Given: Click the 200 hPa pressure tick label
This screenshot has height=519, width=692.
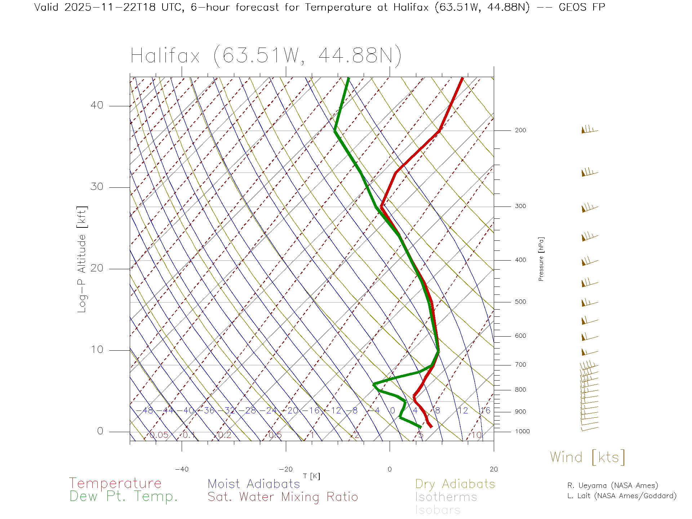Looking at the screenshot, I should (520, 130).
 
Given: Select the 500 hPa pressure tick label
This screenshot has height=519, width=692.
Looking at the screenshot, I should (520, 302).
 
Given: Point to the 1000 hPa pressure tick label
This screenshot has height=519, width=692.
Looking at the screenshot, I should (522, 431).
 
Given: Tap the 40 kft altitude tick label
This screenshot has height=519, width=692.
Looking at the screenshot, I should (97, 105).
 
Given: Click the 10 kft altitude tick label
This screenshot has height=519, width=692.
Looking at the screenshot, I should (97, 350).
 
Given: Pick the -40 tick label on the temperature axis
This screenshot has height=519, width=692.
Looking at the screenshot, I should (182, 469).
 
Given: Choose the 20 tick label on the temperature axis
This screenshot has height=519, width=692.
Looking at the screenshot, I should (493, 469).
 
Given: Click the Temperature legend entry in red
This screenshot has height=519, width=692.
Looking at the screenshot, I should (115, 483).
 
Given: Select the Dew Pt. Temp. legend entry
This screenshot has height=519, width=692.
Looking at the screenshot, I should (124, 497).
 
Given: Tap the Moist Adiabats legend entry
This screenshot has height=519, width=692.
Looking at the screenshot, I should (254, 484).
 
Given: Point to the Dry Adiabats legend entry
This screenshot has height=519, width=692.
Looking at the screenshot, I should (455, 484).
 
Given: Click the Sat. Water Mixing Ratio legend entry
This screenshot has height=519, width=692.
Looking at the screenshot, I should (283, 497).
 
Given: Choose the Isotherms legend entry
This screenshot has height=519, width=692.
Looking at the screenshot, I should (446, 497).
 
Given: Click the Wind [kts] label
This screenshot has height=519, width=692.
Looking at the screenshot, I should (587, 457).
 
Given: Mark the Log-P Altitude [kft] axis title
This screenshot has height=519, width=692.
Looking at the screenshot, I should (82, 259).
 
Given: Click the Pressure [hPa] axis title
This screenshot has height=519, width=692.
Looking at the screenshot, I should (541, 259).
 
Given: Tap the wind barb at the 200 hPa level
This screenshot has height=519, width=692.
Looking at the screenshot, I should (589, 130).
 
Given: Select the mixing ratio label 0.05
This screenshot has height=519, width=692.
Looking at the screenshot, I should (159, 435).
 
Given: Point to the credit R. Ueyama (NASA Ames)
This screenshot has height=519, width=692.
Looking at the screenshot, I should (613, 485).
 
